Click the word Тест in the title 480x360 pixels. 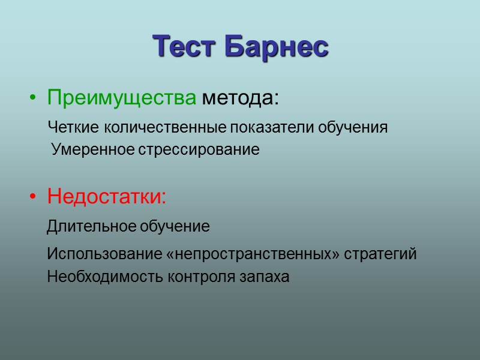point(186,46)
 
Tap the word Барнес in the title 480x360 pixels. point(277,46)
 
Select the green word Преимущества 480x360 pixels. point(122,97)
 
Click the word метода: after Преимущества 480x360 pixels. point(240,97)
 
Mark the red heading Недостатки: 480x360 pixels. point(107,196)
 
